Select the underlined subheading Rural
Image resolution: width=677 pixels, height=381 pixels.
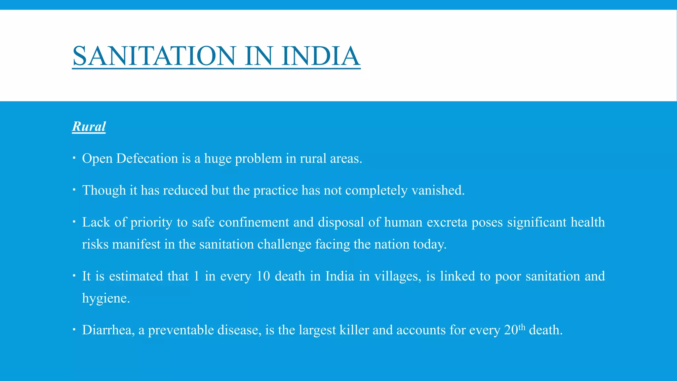point(89,126)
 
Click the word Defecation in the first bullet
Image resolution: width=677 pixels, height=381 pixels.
point(147,158)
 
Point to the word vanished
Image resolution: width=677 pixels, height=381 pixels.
point(438,190)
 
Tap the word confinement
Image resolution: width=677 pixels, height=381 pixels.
point(254,222)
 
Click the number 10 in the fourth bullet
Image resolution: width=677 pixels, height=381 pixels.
point(263,276)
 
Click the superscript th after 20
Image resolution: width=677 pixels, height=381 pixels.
point(522,327)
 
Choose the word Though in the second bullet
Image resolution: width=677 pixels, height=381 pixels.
point(104,190)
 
